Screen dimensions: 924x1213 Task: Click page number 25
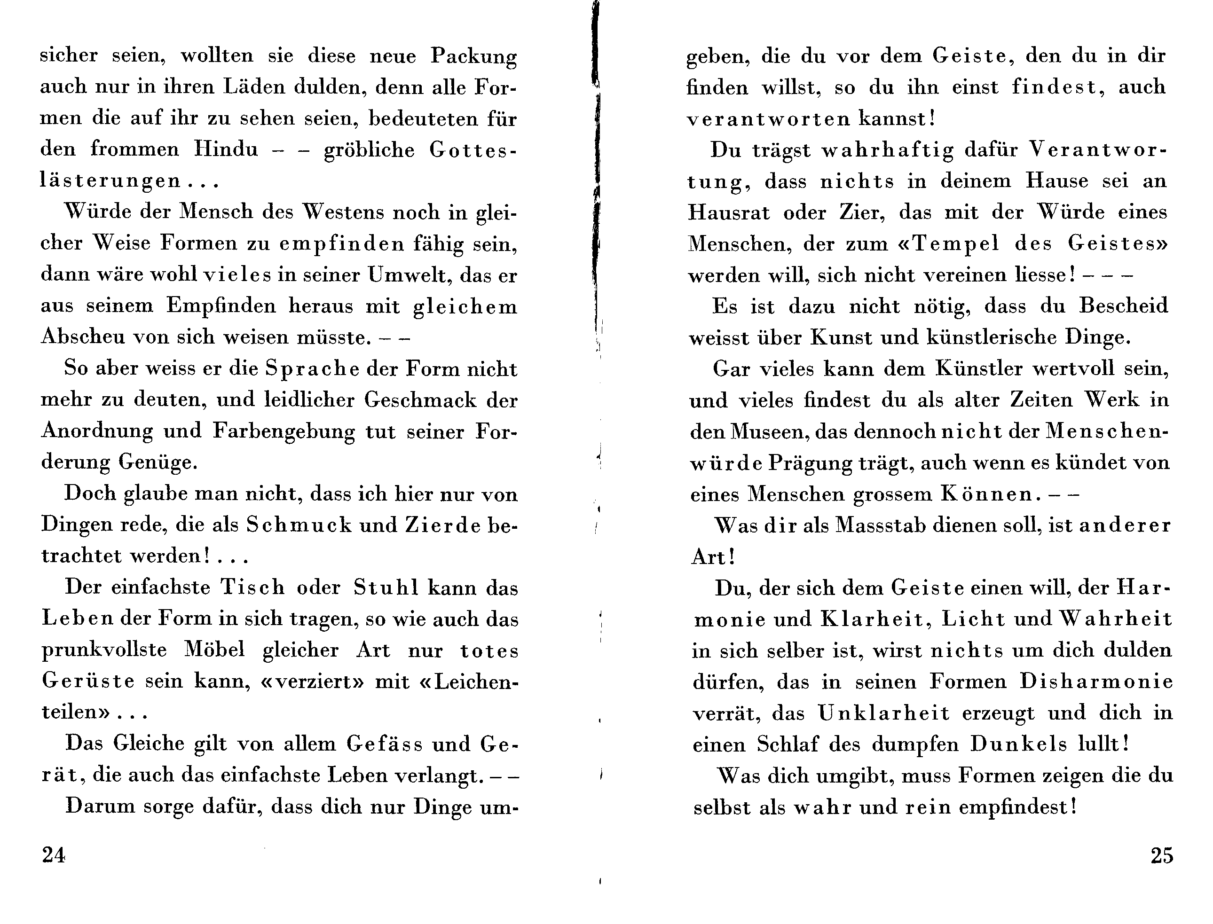1162,856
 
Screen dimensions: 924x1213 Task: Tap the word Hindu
226,149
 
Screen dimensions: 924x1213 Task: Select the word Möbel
214,650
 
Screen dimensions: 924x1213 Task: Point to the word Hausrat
728,212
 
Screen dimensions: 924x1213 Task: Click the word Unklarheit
883,713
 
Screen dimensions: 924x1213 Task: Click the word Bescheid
1123,306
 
